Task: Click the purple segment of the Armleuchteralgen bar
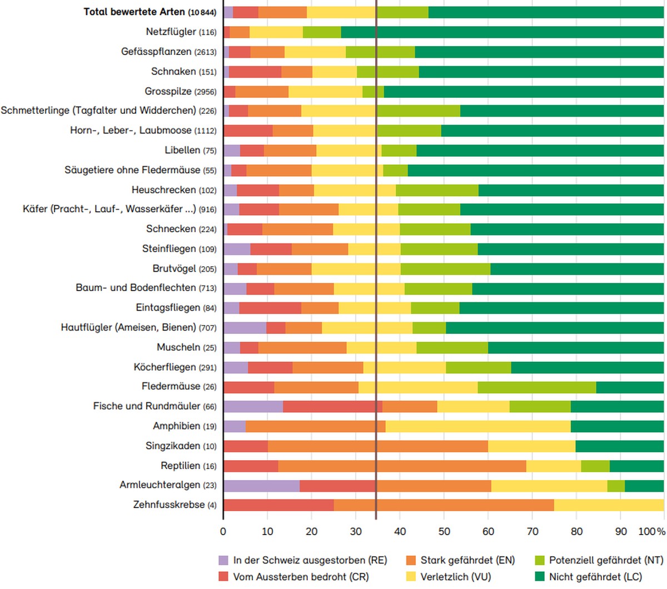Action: (x=262, y=486)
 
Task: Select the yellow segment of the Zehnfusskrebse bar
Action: (x=609, y=505)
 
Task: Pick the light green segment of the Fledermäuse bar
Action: (x=536, y=387)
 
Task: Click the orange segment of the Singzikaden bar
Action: (x=377, y=446)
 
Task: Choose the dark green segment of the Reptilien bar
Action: (x=636, y=466)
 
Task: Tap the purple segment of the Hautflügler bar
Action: (x=245, y=328)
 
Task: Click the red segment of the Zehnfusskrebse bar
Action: (x=279, y=505)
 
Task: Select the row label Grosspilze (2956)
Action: (x=181, y=91)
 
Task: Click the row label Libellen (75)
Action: (x=191, y=150)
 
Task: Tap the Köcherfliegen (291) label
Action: (x=175, y=367)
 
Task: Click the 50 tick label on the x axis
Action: (x=444, y=532)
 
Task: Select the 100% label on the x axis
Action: (x=651, y=532)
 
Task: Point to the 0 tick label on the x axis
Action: (x=223, y=532)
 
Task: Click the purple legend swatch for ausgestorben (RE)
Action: (x=223, y=560)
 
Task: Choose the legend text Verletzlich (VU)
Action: (x=456, y=577)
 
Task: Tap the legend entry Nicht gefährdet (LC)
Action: (x=588, y=577)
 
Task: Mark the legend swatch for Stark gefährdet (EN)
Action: (x=411, y=560)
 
